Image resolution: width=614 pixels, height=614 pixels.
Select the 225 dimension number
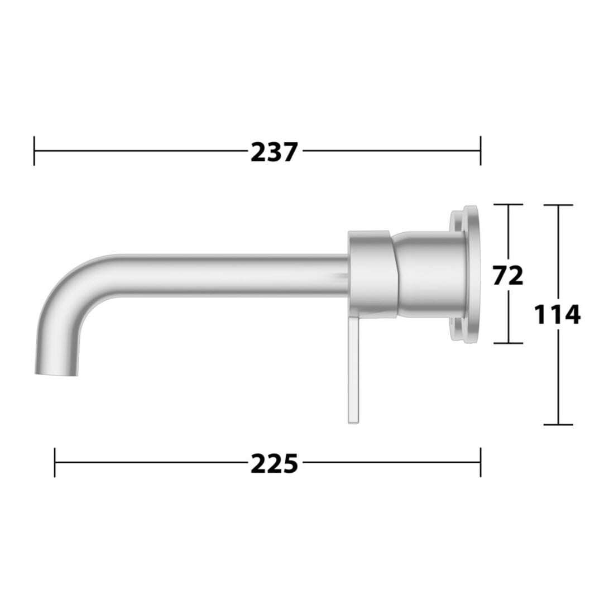274,463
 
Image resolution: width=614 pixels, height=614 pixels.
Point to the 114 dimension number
557,315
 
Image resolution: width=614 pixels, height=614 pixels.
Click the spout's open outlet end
56,373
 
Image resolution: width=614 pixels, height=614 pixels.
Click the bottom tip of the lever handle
353,423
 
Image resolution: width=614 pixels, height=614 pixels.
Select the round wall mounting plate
471,275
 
